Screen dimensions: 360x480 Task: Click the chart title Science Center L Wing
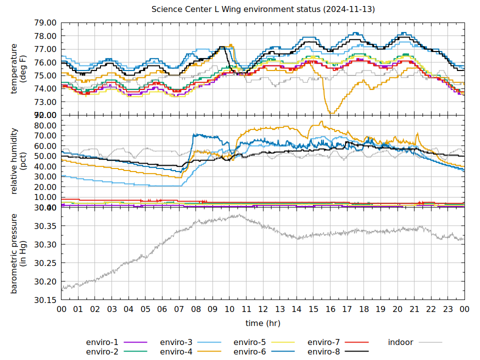pyautogui.click(x=263, y=9)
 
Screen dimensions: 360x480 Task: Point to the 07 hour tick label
pyautogui.click(x=179, y=309)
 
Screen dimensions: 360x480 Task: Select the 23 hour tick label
pyautogui.click(x=448, y=309)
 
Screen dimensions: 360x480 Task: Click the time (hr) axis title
pyautogui.click(x=263, y=323)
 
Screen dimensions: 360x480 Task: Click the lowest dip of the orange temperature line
pyautogui.click(x=330, y=113)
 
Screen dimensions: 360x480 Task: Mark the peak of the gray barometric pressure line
pyautogui.click(x=238, y=215)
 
